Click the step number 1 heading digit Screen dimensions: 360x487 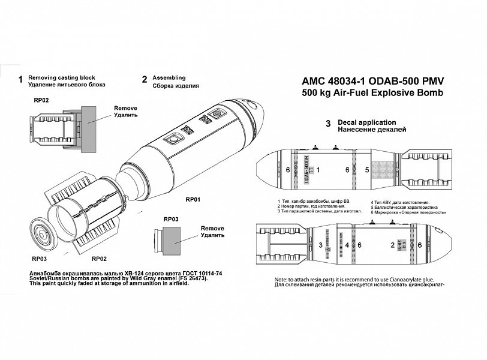pyautogui.click(x=21, y=79)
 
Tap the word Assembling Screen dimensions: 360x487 pyautogui.click(x=169, y=78)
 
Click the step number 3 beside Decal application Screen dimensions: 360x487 pyautogui.click(x=327, y=124)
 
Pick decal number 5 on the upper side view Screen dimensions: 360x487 pyautogui.click(x=366, y=170)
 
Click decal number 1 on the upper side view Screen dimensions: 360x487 pyautogui.click(x=318, y=170)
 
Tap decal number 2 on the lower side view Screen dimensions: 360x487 pyautogui.click(x=392, y=245)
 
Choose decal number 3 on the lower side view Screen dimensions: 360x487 pyautogui.click(x=321, y=245)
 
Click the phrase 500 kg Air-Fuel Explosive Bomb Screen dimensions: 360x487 pyautogui.click(x=372, y=94)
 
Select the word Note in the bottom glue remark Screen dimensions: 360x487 pyautogui.click(x=281, y=280)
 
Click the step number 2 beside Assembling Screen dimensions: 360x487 pyautogui.click(x=145, y=79)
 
